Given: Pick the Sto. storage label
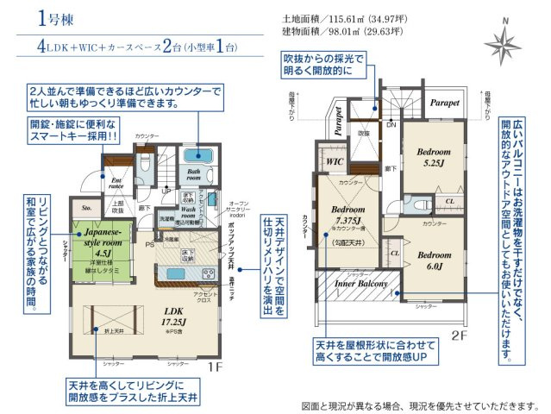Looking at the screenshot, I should [86, 208].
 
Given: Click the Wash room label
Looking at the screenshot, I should [191, 211].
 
